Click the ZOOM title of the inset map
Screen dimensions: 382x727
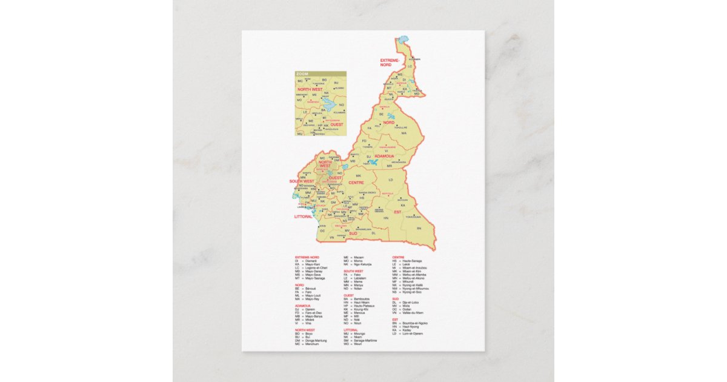(302, 74)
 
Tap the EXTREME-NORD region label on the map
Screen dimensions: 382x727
(390, 62)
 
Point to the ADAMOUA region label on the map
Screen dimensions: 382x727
(384, 156)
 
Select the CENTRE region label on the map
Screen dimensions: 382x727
(356, 183)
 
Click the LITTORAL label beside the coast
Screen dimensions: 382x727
(303, 216)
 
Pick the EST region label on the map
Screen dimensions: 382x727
(397, 212)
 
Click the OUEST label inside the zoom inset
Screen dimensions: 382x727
(337, 124)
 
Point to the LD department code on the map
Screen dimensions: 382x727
(391, 179)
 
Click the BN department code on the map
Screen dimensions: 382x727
(418, 228)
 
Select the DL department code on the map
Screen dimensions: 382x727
(374, 233)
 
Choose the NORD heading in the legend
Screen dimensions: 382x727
(299, 285)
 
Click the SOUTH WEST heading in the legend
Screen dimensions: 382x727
(353, 271)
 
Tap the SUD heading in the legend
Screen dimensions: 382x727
(395, 298)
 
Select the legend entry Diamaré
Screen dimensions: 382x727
(311, 261)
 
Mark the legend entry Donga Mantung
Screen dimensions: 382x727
(316, 341)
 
